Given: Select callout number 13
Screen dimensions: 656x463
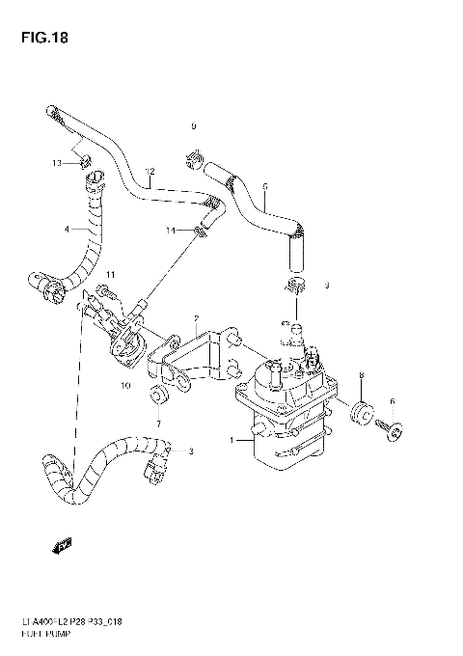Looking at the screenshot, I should [x=58, y=164].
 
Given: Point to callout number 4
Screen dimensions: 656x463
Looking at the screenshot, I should [x=67, y=230].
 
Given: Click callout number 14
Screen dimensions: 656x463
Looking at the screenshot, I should [x=170, y=231].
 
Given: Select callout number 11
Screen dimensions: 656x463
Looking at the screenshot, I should [x=111, y=276].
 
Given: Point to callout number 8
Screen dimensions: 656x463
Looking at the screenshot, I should [x=360, y=374].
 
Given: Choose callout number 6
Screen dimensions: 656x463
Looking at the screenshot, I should [x=392, y=401].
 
